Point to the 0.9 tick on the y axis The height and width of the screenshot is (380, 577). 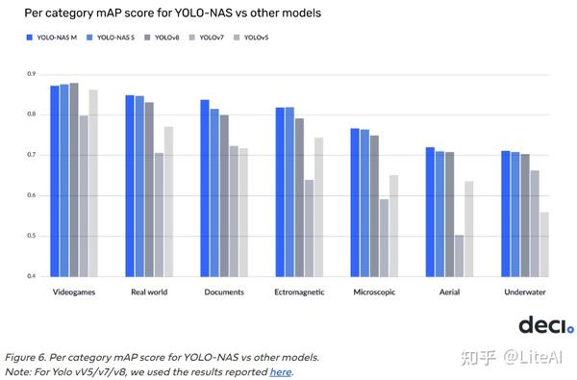[x=31, y=74]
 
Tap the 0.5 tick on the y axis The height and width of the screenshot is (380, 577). [x=31, y=236]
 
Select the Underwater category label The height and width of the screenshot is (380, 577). [x=523, y=291]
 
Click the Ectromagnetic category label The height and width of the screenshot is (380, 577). [x=300, y=291]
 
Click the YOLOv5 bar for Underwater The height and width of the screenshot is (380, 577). [x=544, y=244]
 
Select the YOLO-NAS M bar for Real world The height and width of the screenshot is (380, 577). [x=130, y=186]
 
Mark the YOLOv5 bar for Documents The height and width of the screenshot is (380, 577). [x=243, y=212]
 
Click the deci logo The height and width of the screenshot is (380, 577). [x=545, y=325]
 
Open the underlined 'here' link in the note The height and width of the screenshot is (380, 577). [x=280, y=372]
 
